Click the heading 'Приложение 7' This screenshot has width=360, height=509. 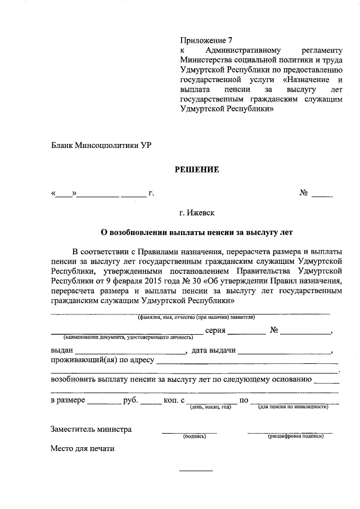pos(206,40)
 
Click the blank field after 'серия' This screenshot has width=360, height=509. pos(247,332)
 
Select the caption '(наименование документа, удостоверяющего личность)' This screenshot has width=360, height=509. pos(128,337)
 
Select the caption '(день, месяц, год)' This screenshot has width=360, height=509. pos(210,407)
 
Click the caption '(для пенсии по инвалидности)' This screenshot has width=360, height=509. pos(293,407)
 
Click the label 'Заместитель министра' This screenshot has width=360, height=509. pos(91,429)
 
